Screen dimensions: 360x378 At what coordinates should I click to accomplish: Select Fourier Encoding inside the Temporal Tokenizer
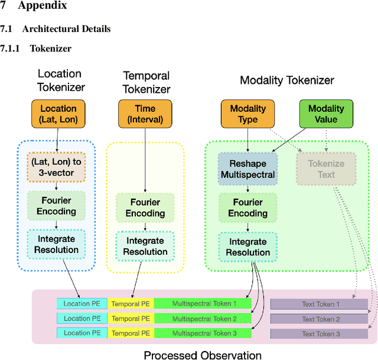(145, 207)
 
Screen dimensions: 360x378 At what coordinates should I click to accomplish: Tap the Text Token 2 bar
(320, 319)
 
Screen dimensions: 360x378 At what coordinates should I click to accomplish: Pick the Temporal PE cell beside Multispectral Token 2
(131, 319)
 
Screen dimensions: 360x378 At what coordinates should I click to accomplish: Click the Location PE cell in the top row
(82, 304)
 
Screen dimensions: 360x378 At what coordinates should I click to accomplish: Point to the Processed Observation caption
(203, 355)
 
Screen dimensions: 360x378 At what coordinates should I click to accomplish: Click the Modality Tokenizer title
(286, 80)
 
